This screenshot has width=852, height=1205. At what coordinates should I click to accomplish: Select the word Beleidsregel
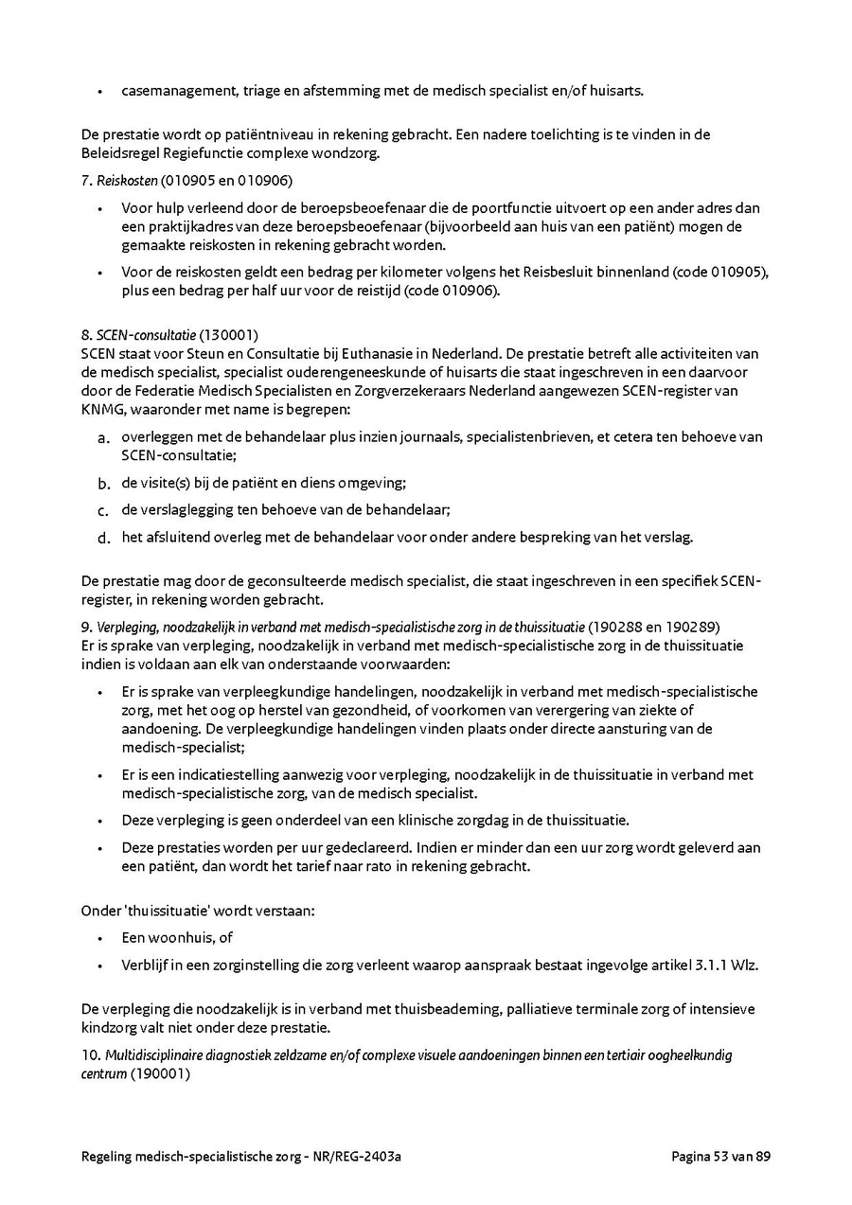(x=121, y=152)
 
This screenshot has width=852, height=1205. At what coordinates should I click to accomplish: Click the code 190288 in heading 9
(x=616, y=628)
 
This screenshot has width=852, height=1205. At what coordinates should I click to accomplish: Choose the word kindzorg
(x=110, y=1027)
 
